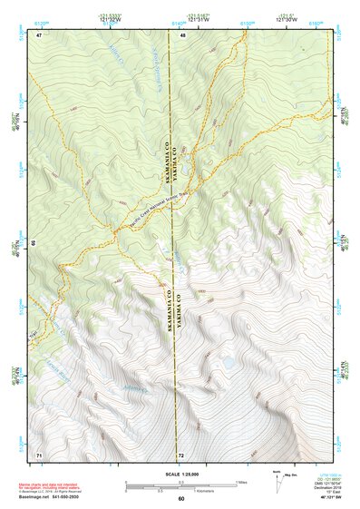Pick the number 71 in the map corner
click(x=39, y=453)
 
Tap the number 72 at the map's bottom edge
click(x=181, y=454)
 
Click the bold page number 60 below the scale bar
click(x=181, y=498)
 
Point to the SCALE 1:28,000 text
click(x=180, y=473)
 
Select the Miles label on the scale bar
click(x=241, y=481)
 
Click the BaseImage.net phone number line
click(x=57, y=497)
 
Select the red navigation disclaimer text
click(x=55, y=485)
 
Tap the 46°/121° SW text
click(x=323, y=497)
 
